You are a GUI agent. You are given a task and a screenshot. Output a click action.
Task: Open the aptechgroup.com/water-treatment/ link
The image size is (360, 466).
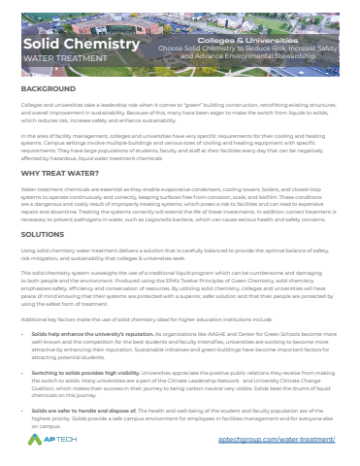[x=290, y=441]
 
